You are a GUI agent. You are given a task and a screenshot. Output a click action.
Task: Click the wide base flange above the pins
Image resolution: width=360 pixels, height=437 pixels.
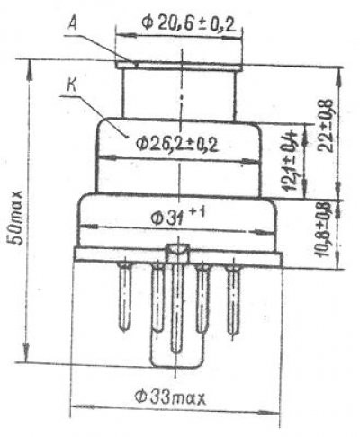point(176,258)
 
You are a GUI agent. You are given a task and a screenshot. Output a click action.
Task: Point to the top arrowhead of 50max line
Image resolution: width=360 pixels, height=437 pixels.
point(28,62)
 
